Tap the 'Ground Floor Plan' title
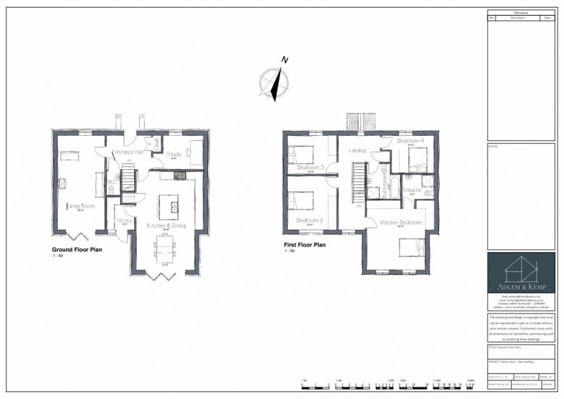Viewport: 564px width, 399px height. click(x=78, y=250)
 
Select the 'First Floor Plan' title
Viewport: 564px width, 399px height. click(x=304, y=245)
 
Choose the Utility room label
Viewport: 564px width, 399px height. click(x=124, y=221)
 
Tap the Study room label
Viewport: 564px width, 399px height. click(x=174, y=154)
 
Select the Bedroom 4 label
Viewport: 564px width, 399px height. click(x=410, y=140)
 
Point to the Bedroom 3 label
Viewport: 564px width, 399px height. click(x=311, y=168)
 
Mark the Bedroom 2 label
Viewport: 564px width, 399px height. click(x=310, y=221)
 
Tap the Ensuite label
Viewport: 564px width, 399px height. click(x=411, y=189)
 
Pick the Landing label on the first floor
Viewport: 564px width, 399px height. click(x=357, y=151)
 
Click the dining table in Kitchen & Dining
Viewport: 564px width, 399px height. click(x=165, y=250)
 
